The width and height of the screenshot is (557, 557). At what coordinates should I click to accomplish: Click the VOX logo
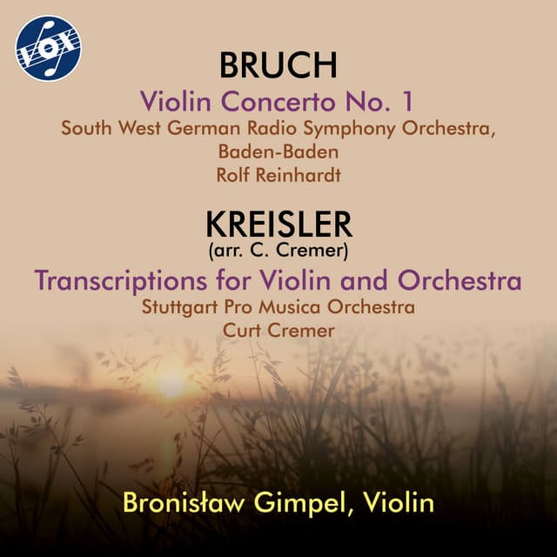point(48,48)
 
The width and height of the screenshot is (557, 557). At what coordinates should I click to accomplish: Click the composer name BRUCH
point(278,68)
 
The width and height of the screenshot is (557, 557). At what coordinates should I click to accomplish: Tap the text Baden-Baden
point(278,152)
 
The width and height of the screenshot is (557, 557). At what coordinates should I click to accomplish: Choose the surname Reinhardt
point(298,175)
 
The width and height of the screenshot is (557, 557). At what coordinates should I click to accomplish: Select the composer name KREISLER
point(278,225)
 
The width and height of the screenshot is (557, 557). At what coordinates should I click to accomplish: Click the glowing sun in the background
point(171,383)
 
